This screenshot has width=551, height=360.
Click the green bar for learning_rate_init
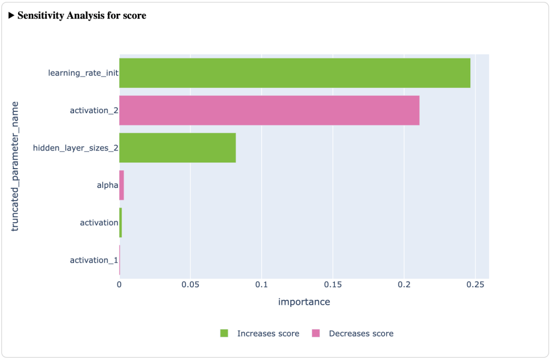tap(294, 73)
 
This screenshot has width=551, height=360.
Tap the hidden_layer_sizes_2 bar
tap(178, 147)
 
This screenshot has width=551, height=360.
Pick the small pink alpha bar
tap(122, 185)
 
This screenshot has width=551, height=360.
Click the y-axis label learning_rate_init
tap(83, 73)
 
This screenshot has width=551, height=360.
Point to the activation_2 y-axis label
tap(94, 110)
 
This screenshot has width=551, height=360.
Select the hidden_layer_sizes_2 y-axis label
tap(75, 147)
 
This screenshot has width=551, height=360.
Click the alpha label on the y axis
tap(107, 185)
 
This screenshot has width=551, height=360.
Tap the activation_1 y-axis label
tap(94, 260)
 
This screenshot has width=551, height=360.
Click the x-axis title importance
tap(304, 302)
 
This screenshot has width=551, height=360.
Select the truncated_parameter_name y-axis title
tap(16, 166)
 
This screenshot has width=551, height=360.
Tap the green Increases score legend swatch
tap(225, 334)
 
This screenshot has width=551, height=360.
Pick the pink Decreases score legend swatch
tap(316, 334)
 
